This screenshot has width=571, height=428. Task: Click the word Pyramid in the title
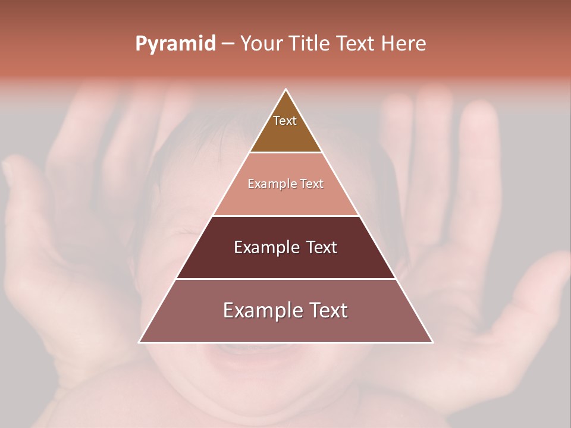(x=175, y=44)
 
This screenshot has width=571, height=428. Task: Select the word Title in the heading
(x=311, y=44)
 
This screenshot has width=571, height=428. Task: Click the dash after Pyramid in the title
(x=228, y=44)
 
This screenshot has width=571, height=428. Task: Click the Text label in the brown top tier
(x=285, y=121)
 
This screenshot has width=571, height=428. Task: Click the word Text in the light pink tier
(x=312, y=184)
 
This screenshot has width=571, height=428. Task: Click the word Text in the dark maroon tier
(x=322, y=247)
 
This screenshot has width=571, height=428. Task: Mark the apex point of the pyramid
(x=286, y=90)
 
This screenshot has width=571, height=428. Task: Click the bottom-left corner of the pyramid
(x=140, y=342)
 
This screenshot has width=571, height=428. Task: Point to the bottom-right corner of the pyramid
(x=432, y=342)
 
